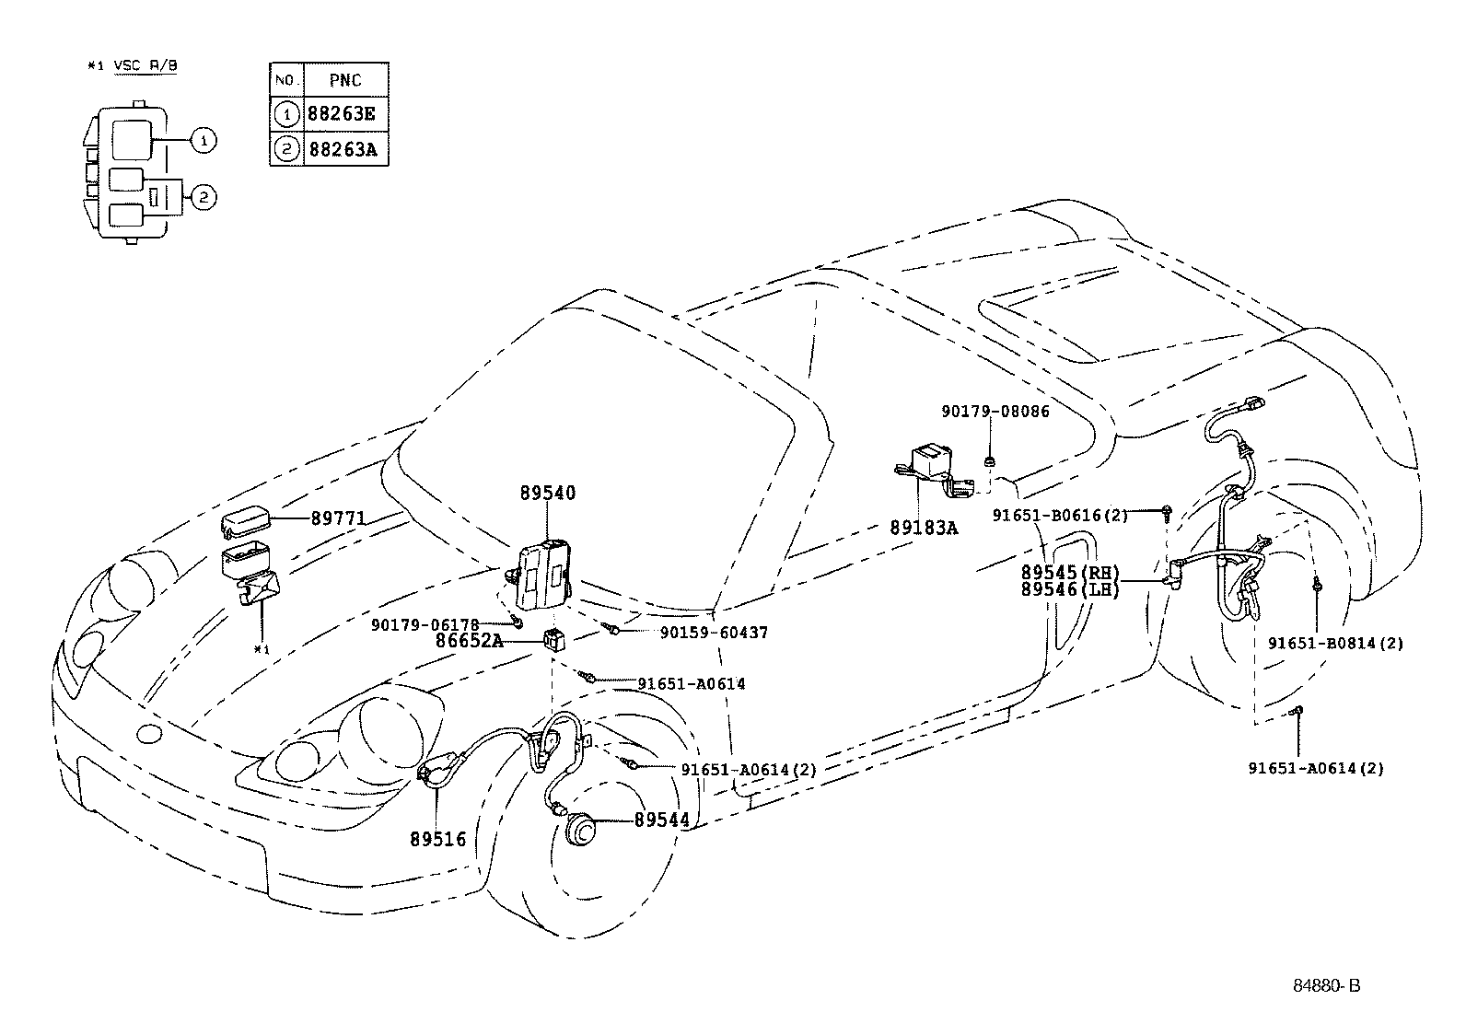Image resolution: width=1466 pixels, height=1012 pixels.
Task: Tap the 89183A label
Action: click(924, 528)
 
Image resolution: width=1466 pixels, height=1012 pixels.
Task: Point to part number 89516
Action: click(437, 839)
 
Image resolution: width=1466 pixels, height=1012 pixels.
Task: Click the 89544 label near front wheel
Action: click(661, 820)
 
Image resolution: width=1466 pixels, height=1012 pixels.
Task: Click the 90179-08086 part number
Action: click(995, 412)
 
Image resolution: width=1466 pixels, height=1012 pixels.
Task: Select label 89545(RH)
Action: click(1069, 573)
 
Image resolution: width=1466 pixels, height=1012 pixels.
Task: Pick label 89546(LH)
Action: click(1069, 589)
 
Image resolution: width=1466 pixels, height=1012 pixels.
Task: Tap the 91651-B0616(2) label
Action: click(1059, 516)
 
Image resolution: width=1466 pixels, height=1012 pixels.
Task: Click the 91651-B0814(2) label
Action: click(1335, 644)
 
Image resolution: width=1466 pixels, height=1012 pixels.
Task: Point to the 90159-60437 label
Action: click(714, 634)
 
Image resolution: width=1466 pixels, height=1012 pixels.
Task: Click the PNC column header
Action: click(345, 80)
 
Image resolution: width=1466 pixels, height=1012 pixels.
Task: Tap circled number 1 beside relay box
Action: click(204, 141)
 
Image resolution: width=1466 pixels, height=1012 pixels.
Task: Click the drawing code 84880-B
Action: click(1326, 985)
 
